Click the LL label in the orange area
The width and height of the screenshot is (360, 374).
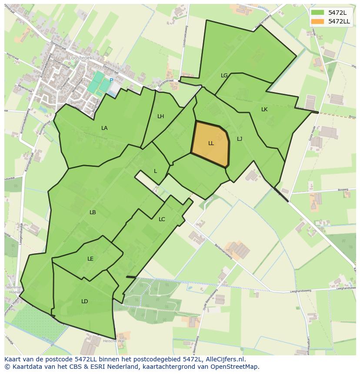211,143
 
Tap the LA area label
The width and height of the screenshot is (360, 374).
104,128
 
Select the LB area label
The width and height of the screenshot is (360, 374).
93,212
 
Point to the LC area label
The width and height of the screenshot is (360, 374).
162,219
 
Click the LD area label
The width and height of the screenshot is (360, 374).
84,301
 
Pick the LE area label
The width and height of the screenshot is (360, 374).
90,259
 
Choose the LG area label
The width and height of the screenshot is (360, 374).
224,76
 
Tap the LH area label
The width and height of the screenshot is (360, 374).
160,116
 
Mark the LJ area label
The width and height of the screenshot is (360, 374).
240,139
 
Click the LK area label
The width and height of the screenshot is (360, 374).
264,109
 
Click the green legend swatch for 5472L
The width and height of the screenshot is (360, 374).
317,13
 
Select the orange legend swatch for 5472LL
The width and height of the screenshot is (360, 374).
317,21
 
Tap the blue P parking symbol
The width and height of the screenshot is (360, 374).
111,80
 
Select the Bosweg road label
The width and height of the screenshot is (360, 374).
343,190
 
